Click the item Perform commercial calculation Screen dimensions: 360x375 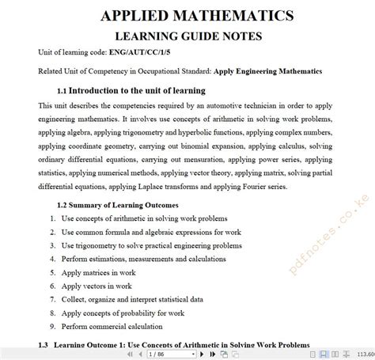(x=117, y=327)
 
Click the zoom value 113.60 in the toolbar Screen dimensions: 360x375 (x=365, y=354)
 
